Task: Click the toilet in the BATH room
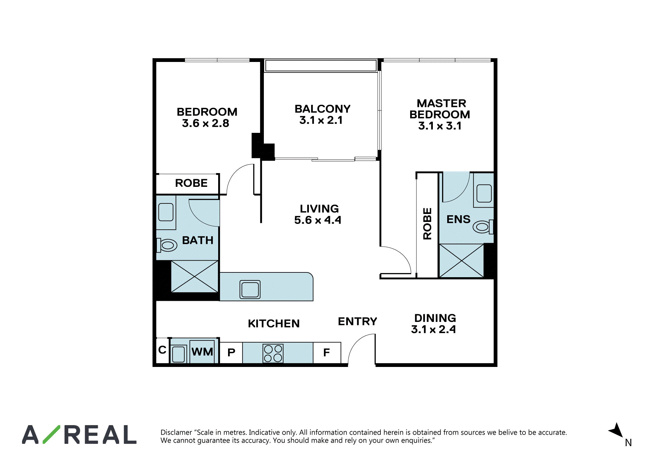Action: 166,245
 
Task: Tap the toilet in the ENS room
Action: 483,227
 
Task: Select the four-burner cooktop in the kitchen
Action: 273,353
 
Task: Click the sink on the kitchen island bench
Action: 250,289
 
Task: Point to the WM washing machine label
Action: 202,352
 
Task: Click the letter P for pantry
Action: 231,353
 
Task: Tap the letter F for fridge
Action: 326,353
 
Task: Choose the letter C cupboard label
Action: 162,350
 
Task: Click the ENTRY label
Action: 357,321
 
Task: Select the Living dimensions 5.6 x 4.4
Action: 318,220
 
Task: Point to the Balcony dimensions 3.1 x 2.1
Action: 321,120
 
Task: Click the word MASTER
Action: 441,103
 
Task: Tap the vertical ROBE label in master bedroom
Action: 427,224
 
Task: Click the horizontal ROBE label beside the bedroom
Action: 191,183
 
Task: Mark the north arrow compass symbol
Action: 617,430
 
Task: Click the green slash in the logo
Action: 51,434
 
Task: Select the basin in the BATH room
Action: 166,212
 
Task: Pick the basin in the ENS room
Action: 484,193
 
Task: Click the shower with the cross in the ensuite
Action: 462,261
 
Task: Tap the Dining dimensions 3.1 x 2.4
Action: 433,329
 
